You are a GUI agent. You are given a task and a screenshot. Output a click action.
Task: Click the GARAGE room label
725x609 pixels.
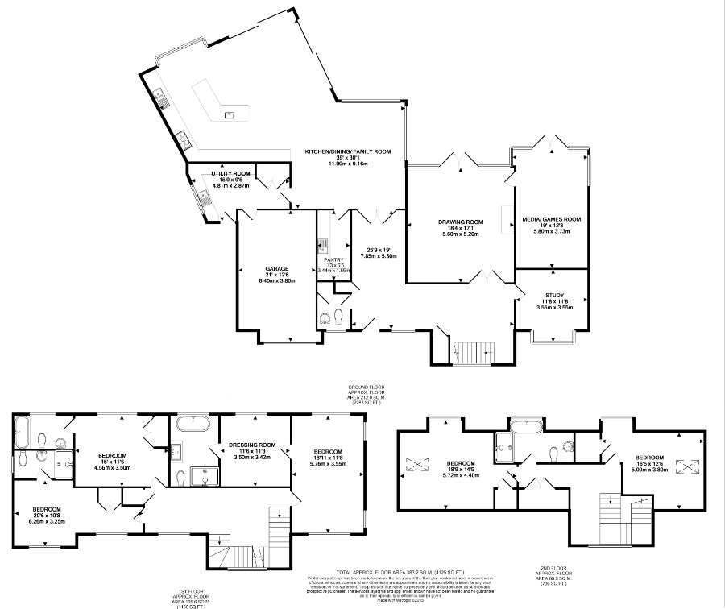tap(277, 269)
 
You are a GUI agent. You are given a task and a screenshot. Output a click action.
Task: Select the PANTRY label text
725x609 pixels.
tap(333, 259)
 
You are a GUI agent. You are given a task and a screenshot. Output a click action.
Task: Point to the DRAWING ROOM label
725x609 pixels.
tap(460, 222)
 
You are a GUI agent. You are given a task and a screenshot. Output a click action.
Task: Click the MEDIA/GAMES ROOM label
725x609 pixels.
tap(552, 218)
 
